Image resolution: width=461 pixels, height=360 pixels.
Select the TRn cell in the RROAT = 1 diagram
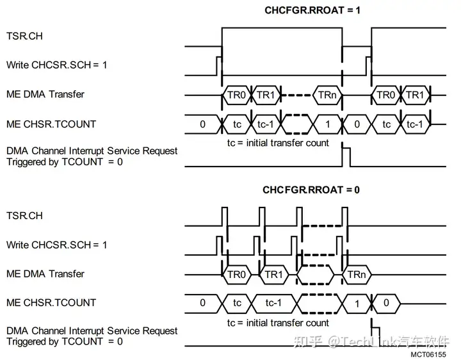(324, 95)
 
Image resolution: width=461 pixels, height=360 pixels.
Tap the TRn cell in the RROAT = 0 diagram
(356, 274)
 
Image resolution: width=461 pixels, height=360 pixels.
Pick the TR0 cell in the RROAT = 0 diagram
(236, 274)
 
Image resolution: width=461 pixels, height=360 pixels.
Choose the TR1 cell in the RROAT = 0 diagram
(273, 274)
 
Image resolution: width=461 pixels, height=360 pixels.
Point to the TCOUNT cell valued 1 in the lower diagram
(357, 303)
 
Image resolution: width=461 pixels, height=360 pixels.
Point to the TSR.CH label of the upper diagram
(24, 37)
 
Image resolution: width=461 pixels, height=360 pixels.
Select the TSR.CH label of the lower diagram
(24, 216)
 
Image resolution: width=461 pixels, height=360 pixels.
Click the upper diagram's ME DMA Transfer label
(45, 95)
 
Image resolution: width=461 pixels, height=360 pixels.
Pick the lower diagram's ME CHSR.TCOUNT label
(51, 302)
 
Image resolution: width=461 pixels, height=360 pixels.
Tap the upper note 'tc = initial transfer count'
(278, 143)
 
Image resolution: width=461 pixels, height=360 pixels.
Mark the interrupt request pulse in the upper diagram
(346, 156)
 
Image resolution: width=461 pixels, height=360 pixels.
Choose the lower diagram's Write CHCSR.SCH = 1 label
(56, 245)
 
